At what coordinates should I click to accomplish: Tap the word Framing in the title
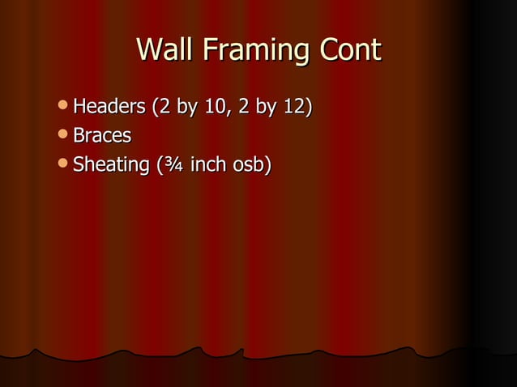tap(252, 52)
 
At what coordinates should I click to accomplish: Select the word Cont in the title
tap(349, 50)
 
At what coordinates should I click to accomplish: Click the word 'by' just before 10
tap(186, 108)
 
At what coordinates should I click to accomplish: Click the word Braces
tap(102, 135)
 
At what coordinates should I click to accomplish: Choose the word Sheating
tap(109, 165)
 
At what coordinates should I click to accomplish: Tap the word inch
tap(207, 164)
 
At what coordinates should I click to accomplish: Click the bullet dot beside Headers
tap(65, 106)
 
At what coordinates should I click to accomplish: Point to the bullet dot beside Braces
tap(65, 135)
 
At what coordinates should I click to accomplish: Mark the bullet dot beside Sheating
tap(65, 164)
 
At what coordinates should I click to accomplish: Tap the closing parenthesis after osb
tap(267, 165)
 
